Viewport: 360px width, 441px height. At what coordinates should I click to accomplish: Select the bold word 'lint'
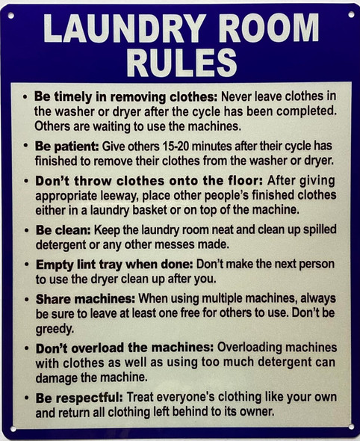tap(82, 265)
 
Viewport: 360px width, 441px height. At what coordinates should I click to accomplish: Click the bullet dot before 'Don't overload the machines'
tap(28, 348)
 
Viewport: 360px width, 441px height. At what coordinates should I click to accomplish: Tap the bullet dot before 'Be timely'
tap(28, 98)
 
